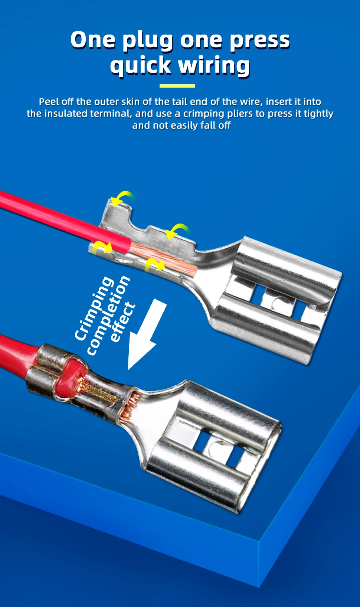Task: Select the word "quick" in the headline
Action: click(140, 65)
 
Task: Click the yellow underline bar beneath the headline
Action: click(177, 86)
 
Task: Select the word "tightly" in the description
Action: click(318, 114)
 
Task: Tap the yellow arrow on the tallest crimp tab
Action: click(122, 198)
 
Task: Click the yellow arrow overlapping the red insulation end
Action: click(103, 247)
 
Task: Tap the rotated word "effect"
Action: click(122, 322)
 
